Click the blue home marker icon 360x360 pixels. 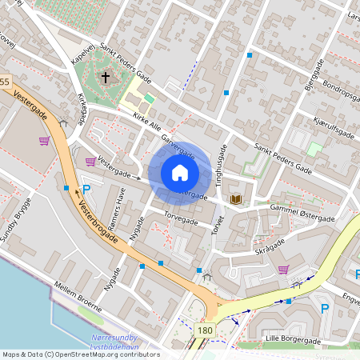179,173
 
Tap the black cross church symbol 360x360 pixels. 105,78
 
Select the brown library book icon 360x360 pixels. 236,198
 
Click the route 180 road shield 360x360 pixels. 205,330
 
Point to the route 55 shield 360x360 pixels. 5,82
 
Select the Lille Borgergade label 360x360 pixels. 293,340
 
